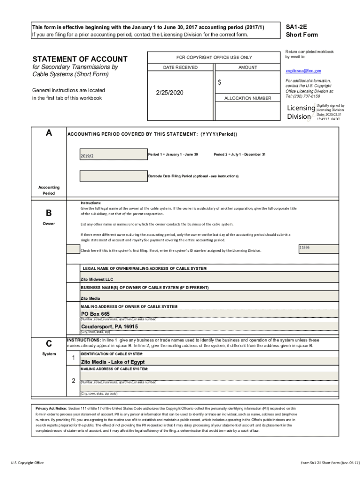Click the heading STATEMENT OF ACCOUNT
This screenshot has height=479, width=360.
point(79,59)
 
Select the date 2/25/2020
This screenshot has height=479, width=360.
point(170,93)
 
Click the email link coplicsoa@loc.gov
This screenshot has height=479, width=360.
point(303,71)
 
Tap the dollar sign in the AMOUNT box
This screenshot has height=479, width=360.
point(219,82)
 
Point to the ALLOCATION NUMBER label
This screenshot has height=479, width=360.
point(247,98)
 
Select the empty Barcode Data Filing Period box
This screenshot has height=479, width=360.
point(113,176)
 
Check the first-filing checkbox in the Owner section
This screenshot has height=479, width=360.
point(72,249)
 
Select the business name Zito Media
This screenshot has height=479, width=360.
point(90,298)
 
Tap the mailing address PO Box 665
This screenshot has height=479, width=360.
point(95,314)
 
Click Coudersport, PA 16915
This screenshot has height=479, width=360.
point(109,327)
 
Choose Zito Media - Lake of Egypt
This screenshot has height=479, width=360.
point(113,362)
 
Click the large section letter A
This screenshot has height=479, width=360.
point(49,133)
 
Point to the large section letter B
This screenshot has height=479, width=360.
point(49,213)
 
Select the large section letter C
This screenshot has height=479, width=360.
point(49,343)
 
